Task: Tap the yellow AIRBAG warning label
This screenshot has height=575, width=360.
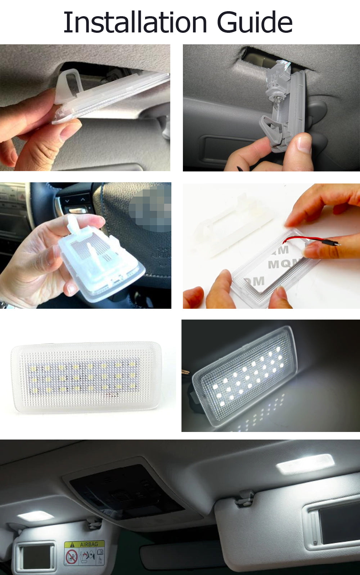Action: (x=85, y=544)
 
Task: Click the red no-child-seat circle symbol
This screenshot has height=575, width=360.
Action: (x=71, y=557)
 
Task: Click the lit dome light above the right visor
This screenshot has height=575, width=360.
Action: (x=305, y=464)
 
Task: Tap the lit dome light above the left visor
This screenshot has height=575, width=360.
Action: (x=35, y=516)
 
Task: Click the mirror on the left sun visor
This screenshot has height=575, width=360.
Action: (x=36, y=557)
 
